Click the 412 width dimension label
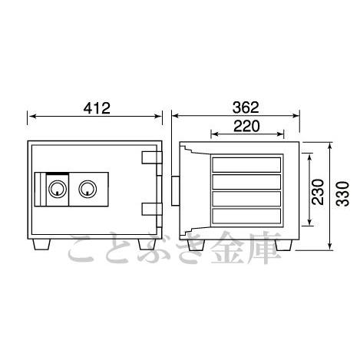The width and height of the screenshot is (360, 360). click(x=97, y=108)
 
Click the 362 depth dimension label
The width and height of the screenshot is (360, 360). click(x=246, y=107)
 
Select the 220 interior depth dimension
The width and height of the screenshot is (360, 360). click(x=246, y=126)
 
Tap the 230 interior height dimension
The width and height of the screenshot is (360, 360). click(x=318, y=192)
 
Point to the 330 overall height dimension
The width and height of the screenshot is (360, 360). click(x=343, y=193)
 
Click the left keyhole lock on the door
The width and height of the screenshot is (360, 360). click(x=58, y=189)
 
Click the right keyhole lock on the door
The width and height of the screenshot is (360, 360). click(x=88, y=189)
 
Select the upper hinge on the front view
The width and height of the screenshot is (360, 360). click(x=152, y=157)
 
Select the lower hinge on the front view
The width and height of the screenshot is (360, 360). click(x=152, y=209)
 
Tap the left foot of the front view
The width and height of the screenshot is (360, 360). click(x=41, y=244)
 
